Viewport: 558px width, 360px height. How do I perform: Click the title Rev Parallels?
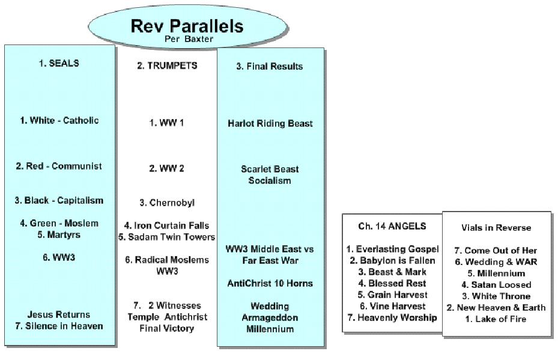tap(187, 26)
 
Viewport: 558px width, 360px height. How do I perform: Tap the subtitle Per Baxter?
tap(189, 39)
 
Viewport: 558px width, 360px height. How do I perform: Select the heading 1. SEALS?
tap(59, 63)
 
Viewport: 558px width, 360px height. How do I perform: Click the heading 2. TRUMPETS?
tap(167, 66)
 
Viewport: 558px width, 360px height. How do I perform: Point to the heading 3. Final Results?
tap(270, 67)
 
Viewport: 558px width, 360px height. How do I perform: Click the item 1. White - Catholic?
tap(59, 120)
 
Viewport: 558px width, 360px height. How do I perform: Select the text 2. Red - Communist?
tap(59, 166)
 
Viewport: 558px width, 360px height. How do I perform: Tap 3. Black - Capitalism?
tap(59, 201)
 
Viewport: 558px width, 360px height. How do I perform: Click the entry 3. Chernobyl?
tap(167, 203)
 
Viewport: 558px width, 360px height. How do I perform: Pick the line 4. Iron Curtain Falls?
tap(166, 226)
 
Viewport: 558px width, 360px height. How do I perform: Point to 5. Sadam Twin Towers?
tap(166, 237)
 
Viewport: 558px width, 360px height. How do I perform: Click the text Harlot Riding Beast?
tap(270, 124)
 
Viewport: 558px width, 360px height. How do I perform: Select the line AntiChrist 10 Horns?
tap(270, 284)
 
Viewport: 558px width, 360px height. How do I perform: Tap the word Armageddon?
tap(270, 317)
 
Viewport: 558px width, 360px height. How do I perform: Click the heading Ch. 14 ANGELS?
tap(392, 226)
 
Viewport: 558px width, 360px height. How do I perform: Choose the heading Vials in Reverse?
tap(496, 228)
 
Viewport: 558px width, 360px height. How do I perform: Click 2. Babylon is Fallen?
tap(392, 261)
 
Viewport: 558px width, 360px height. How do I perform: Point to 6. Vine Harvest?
tap(392, 307)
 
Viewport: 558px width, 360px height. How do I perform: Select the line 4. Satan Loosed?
tap(496, 285)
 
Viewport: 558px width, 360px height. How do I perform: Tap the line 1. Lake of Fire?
tap(496, 319)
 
